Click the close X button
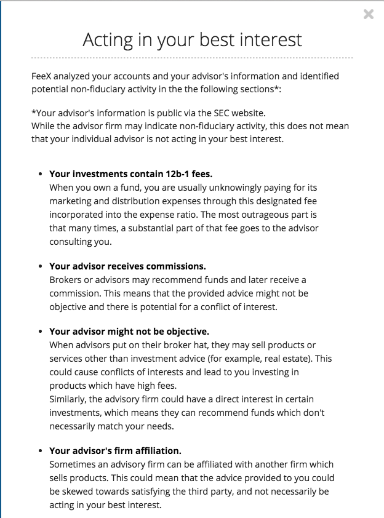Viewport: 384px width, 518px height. [368, 15]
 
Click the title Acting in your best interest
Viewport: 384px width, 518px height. [192, 40]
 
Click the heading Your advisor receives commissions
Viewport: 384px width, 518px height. [127, 266]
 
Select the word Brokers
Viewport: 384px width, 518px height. [66, 280]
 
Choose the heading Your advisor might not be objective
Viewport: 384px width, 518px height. [129, 332]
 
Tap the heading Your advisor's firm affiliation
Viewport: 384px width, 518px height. [115, 451]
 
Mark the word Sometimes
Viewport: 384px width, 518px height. [73, 464]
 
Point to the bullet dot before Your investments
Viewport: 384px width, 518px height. [40, 174]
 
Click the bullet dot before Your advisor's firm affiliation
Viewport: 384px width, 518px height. [40, 451]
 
